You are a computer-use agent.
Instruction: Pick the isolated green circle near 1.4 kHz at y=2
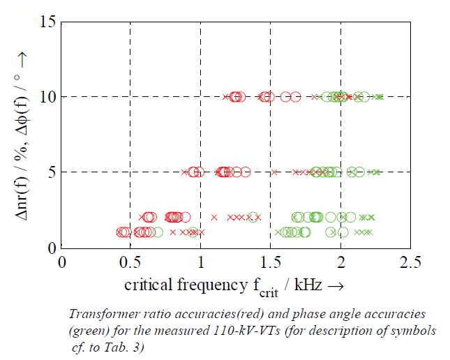[x=253, y=217]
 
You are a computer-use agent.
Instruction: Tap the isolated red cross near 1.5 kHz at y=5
[x=275, y=172]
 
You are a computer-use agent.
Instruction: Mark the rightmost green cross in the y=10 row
[x=381, y=97]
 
